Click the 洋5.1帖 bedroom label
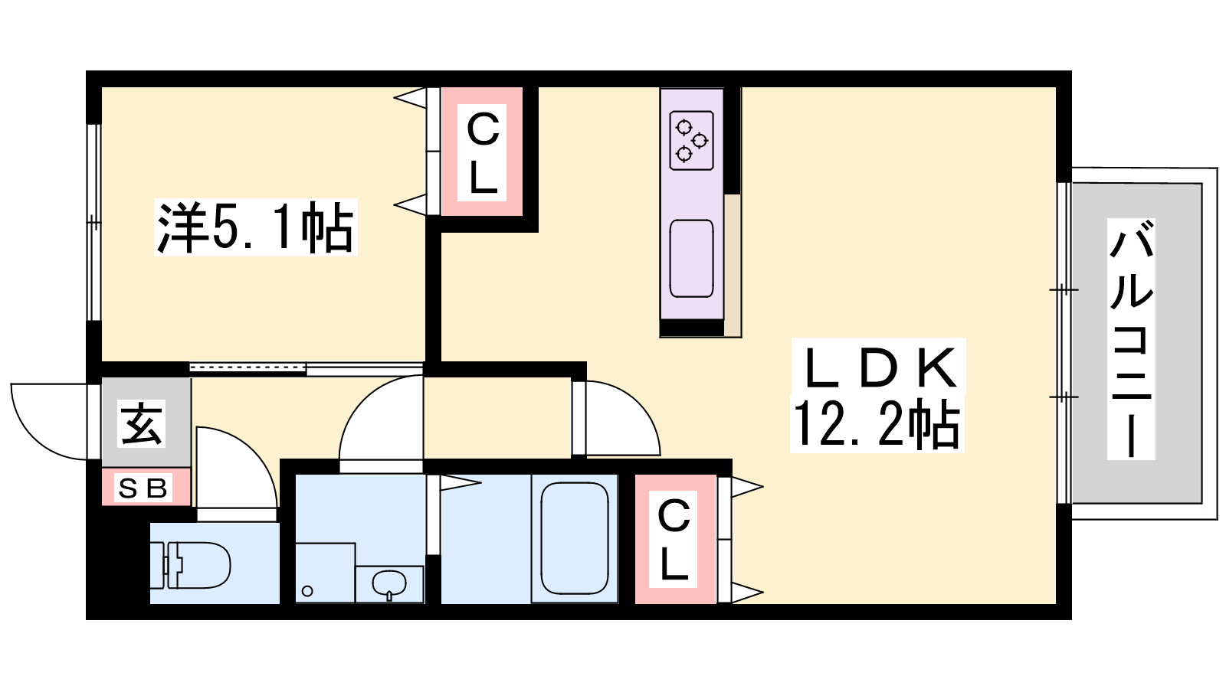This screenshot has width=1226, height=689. pos(256,227)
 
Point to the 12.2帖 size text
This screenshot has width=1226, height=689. pos(877,424)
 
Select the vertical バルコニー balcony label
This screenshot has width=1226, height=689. pos(1131,339)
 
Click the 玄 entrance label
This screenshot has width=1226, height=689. pos(142,424)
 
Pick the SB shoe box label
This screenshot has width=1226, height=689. pos(143,488)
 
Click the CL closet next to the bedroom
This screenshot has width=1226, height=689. pos(482,152)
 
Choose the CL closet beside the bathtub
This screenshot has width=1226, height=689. pos(675,539)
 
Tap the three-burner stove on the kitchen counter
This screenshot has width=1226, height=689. pos(692,141)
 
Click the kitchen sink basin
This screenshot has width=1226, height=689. pos(692,259)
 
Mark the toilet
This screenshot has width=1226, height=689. pos(191,565)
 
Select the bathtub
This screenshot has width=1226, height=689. pos(575,538)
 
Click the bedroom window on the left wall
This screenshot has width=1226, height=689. pos(94,222)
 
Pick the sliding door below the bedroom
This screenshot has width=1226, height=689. pos(306,368)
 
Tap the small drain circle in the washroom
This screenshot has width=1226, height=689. pos(307,591)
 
